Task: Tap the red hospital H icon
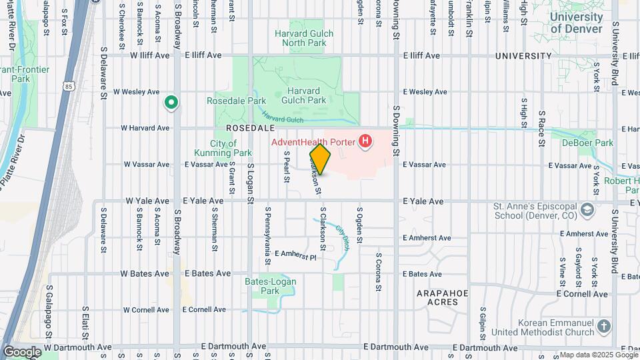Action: [x=365, y=141]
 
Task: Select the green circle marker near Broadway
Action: [x=171, y=103]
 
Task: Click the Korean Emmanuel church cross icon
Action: [x=604, y=327]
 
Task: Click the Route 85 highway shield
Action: [x=69, y=86]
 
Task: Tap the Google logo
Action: [x=21, y=351]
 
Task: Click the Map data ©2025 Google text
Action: [x=593, y=355]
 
